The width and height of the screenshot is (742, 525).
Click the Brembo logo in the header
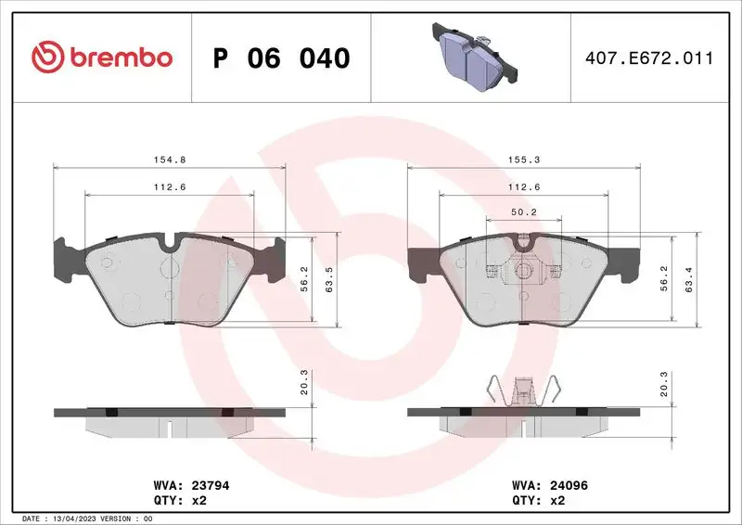(102, 58)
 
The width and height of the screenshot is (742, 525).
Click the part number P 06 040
(281, 58)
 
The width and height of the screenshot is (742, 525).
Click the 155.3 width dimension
(524, 160)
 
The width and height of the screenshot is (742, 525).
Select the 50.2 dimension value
(524, 211)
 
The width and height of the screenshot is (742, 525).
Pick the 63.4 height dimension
(687, 279)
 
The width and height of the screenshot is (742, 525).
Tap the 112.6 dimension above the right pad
(524, 186)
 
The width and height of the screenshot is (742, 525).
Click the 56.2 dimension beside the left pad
(304, 279)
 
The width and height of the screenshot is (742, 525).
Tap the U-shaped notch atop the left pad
(169, 244)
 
